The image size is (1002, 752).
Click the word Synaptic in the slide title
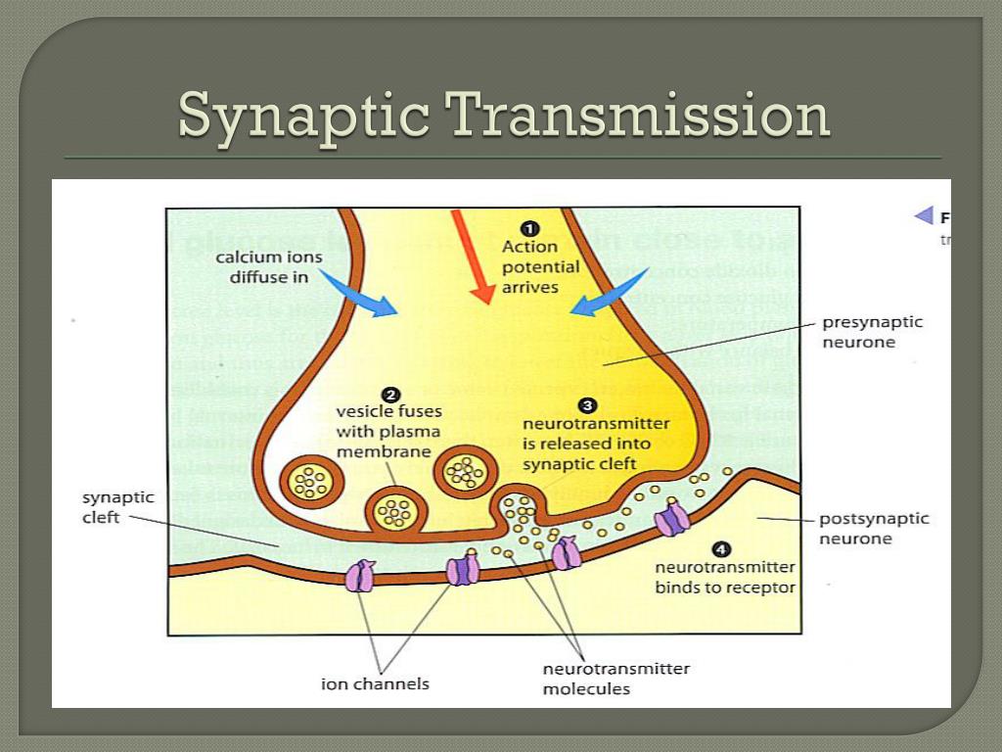302,117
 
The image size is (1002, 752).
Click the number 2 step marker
389,396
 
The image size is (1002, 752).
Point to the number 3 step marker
586,404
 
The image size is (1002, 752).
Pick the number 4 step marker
720,549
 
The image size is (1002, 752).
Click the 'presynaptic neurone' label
872,331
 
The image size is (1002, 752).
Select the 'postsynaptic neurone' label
873,529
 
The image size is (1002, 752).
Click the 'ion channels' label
375,683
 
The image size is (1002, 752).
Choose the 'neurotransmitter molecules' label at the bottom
615,679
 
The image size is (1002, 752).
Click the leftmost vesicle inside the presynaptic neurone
312,479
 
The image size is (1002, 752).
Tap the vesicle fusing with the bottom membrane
396,510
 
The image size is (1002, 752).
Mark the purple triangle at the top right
923,216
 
